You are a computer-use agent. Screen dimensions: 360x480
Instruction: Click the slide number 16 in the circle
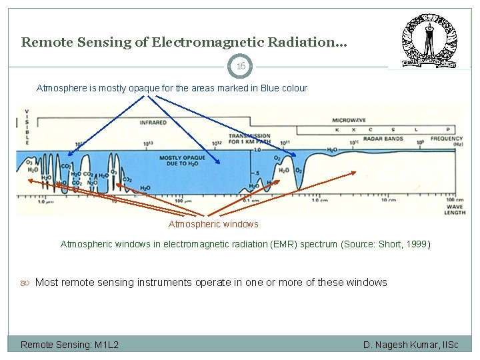tap(241, 66)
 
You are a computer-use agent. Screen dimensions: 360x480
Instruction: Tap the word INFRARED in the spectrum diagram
tap(153, 122)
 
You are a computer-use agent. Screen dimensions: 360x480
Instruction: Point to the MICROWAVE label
tap(349, 120)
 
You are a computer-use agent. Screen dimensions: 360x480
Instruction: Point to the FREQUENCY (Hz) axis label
tap(446, 141)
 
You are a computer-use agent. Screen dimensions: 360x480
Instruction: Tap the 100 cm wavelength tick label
tap(455, 199)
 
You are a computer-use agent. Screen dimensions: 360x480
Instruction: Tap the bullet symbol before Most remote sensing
tap(26, 283)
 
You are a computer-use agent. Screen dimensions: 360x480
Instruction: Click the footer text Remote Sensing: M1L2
tap(69, 344)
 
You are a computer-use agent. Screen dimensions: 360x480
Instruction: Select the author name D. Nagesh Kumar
tap(400, 344)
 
